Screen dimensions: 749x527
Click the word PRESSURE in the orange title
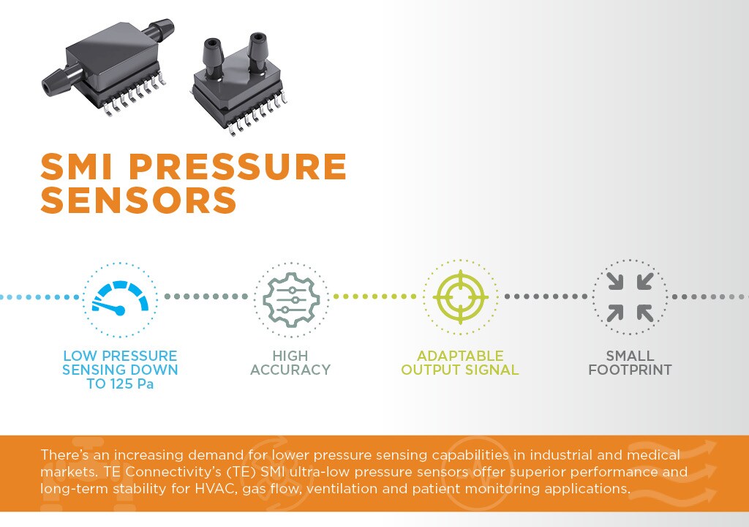238,166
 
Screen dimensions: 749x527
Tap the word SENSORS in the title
138,199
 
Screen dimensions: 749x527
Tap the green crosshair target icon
461,297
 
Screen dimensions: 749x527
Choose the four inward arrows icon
630,297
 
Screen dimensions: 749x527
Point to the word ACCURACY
290,370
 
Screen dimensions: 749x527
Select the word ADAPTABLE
460,356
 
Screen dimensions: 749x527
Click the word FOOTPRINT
630,370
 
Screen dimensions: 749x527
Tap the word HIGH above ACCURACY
290,356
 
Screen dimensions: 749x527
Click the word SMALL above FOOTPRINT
630,356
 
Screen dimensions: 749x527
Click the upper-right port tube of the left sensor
159,29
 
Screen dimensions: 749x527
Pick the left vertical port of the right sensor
214,57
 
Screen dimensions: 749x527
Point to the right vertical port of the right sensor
258,51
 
